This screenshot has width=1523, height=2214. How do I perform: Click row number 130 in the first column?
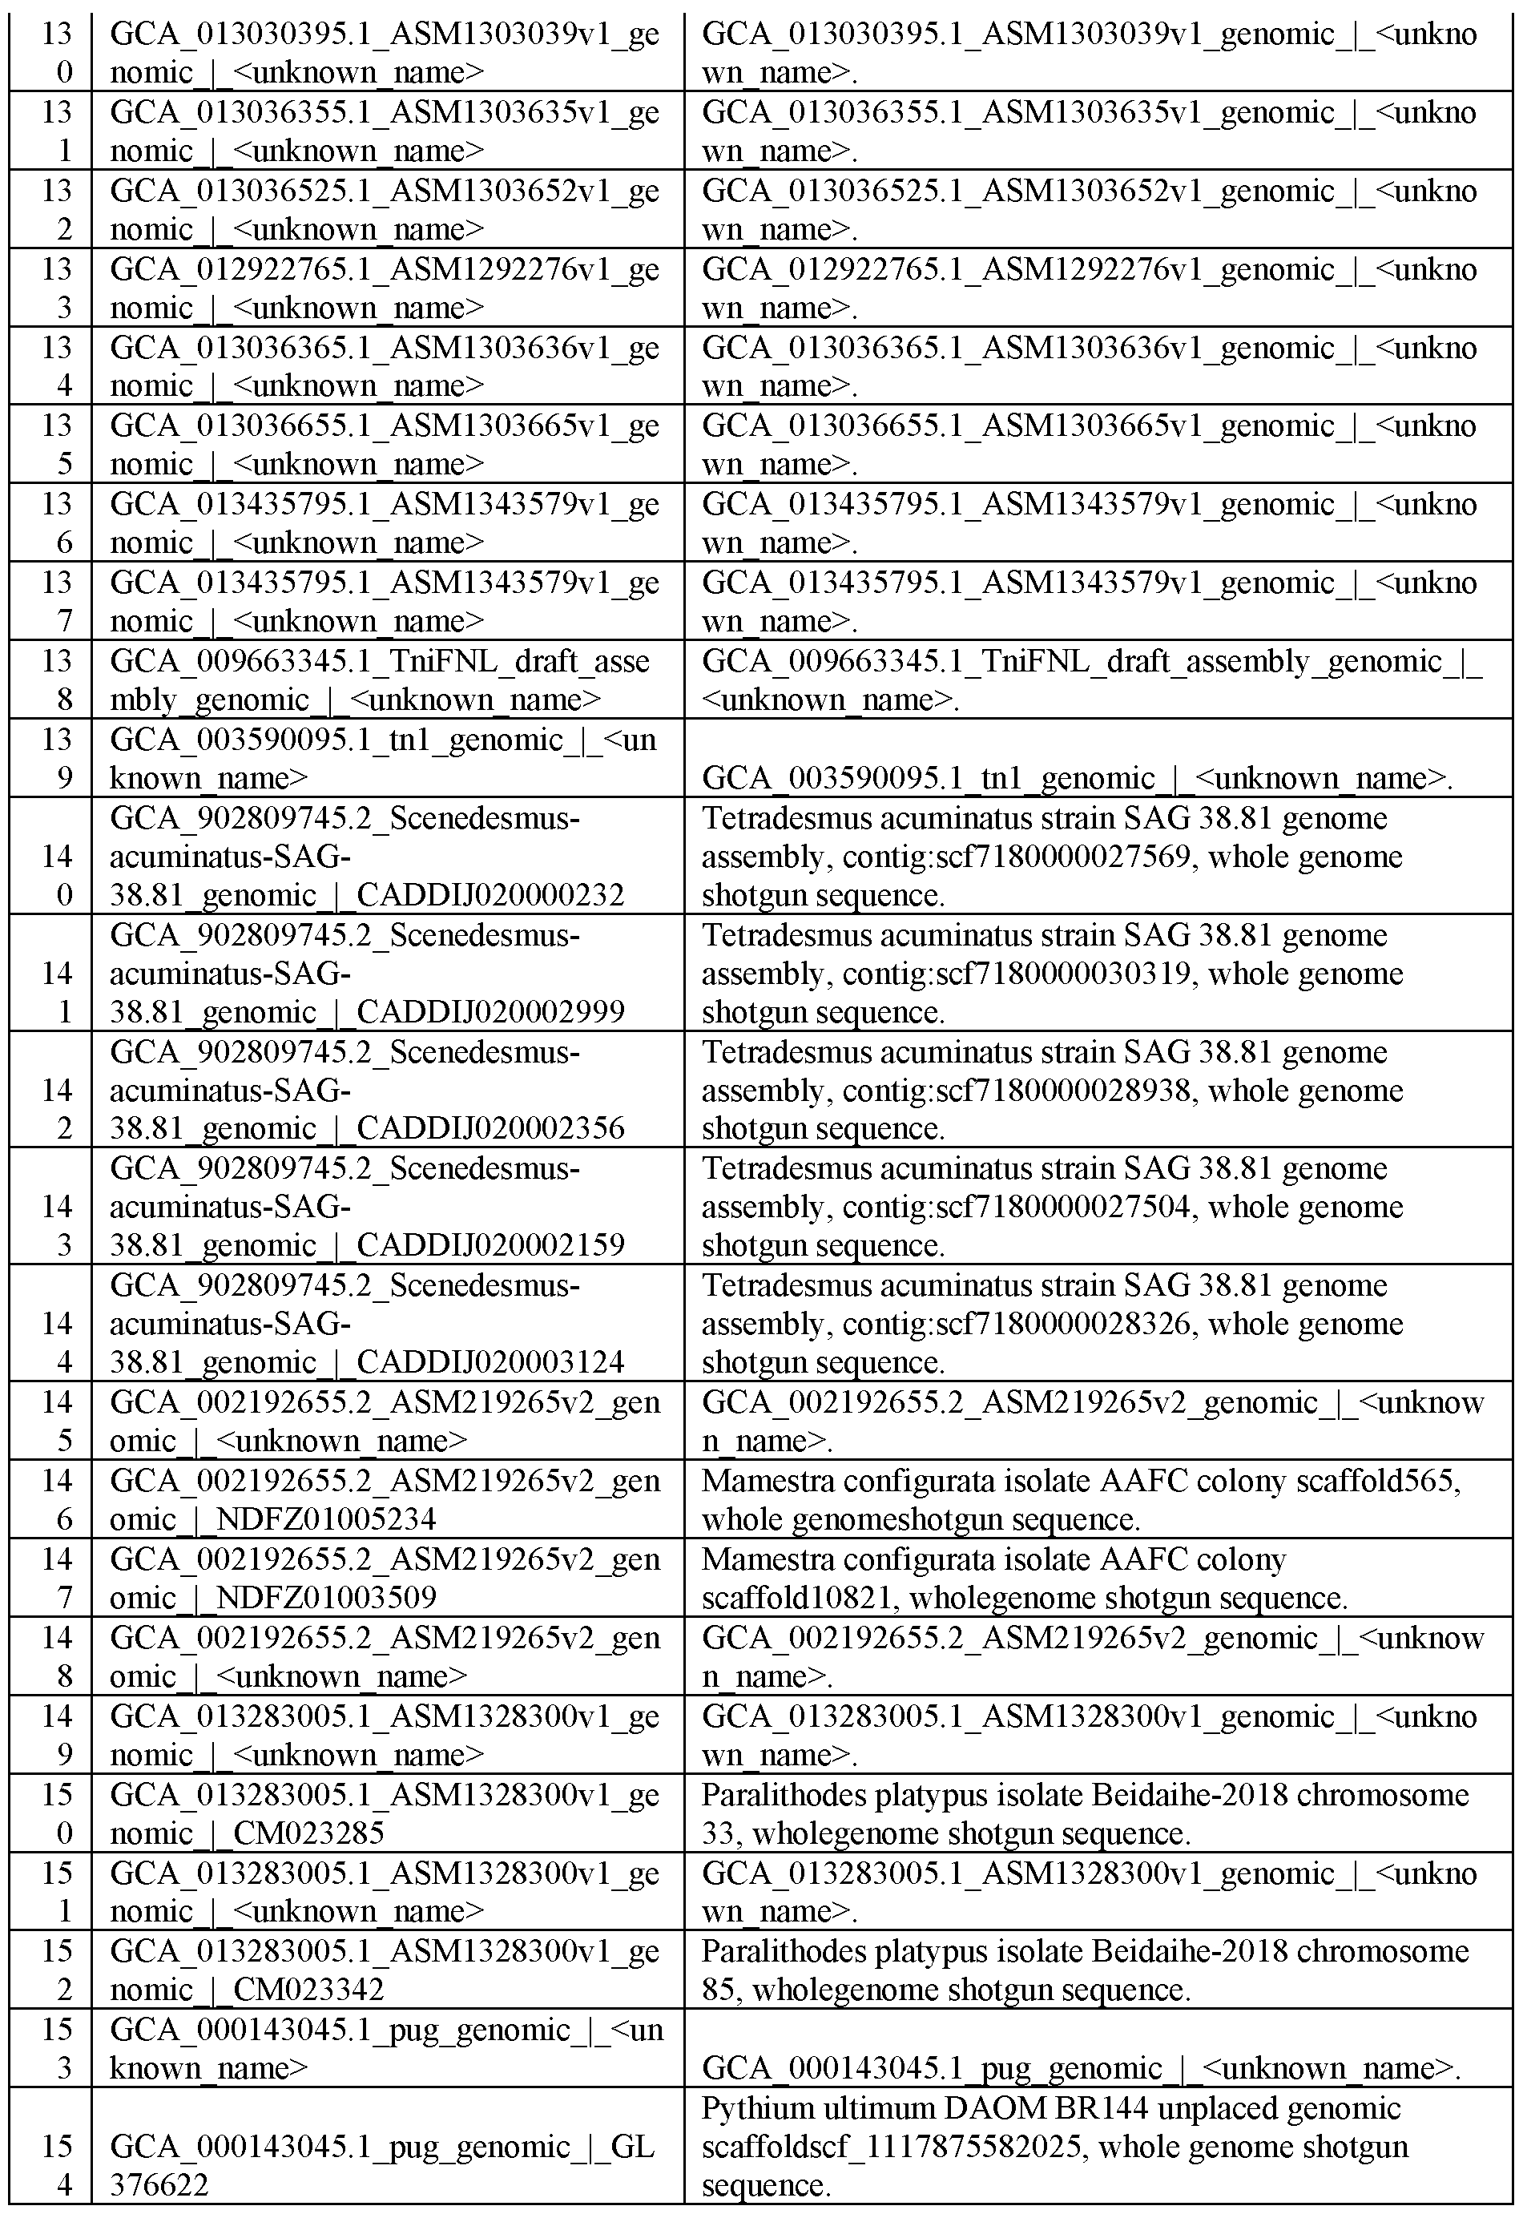56,53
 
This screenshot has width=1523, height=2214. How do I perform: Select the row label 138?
56,680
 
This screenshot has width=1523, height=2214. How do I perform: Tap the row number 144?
56,1323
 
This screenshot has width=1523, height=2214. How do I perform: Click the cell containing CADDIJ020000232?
386,856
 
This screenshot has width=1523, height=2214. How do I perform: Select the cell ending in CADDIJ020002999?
386,973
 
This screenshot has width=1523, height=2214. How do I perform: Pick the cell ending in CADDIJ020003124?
386,1323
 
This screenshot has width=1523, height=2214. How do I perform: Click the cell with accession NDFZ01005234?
386,1499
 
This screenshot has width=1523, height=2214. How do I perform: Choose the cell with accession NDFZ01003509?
386,1578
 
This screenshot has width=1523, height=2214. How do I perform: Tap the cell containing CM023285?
386,1813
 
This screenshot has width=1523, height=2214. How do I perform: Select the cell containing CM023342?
386,1970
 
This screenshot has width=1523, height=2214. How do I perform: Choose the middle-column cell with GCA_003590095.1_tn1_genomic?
386,758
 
